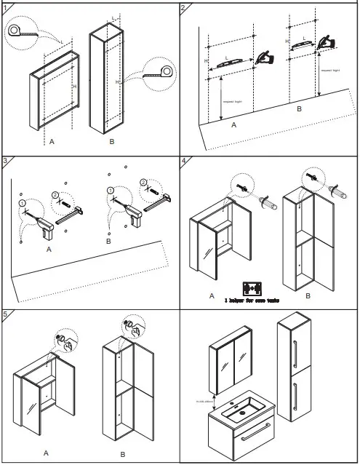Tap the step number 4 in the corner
(184, 161)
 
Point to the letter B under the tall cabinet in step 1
(111, 142)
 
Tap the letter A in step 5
(45, 452)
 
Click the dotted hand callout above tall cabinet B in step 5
(134, 327)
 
